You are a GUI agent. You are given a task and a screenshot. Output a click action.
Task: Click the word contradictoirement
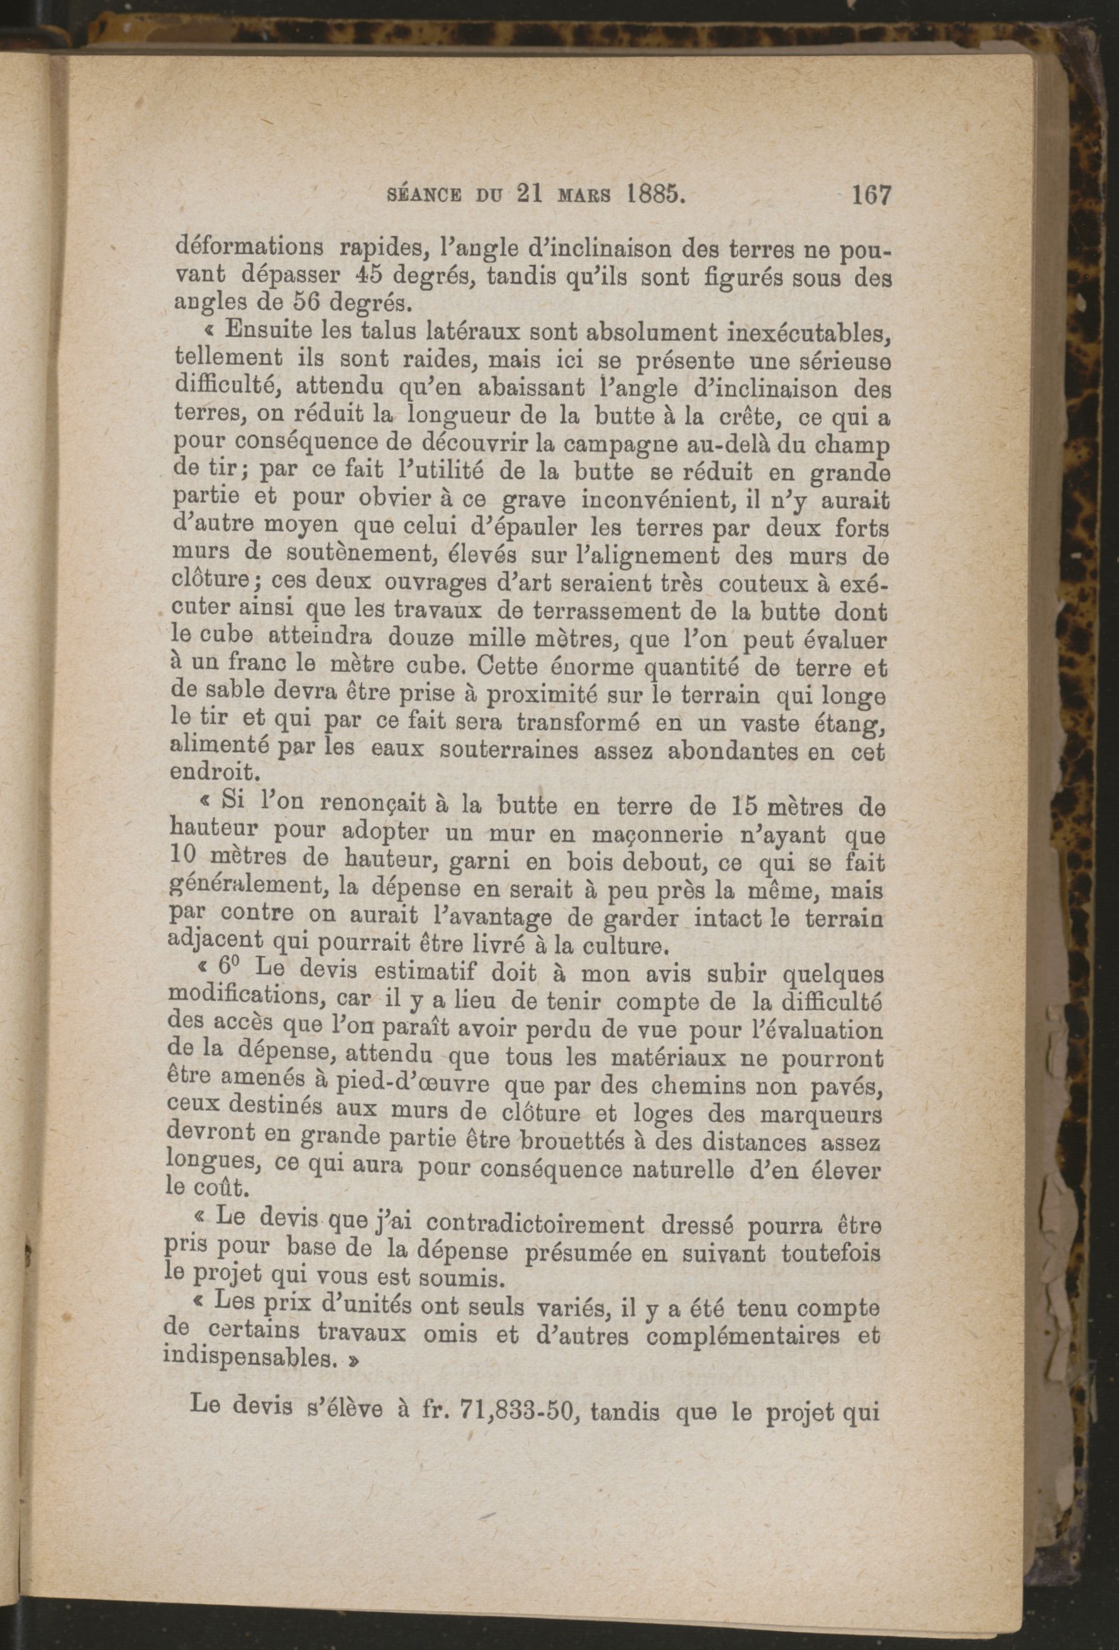(x=537, y=1225)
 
